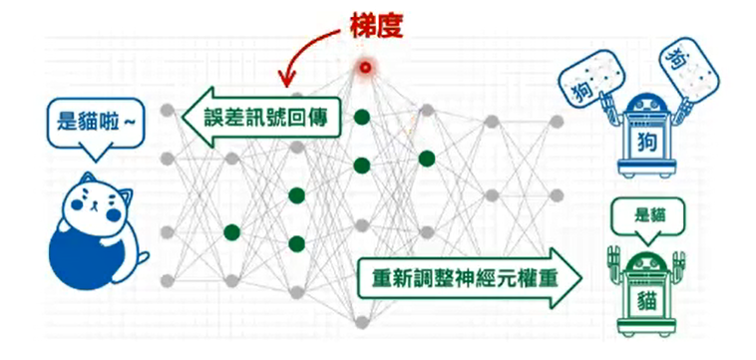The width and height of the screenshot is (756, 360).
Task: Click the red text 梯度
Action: pos(375,25)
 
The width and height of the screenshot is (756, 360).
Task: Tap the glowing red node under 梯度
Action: pos(365,67)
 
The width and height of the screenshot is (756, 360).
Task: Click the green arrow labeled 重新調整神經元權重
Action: pos(469,277)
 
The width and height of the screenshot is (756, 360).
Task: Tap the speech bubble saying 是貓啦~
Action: pos(91,125)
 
